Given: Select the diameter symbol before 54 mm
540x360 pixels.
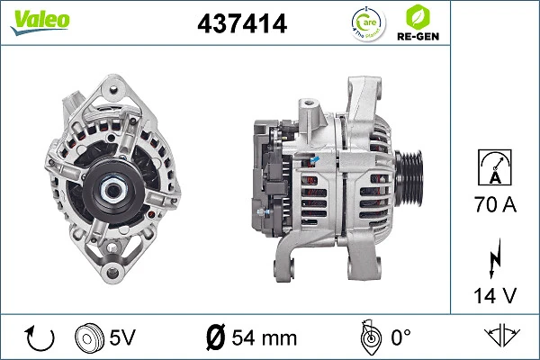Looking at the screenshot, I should [x=215, y=337].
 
